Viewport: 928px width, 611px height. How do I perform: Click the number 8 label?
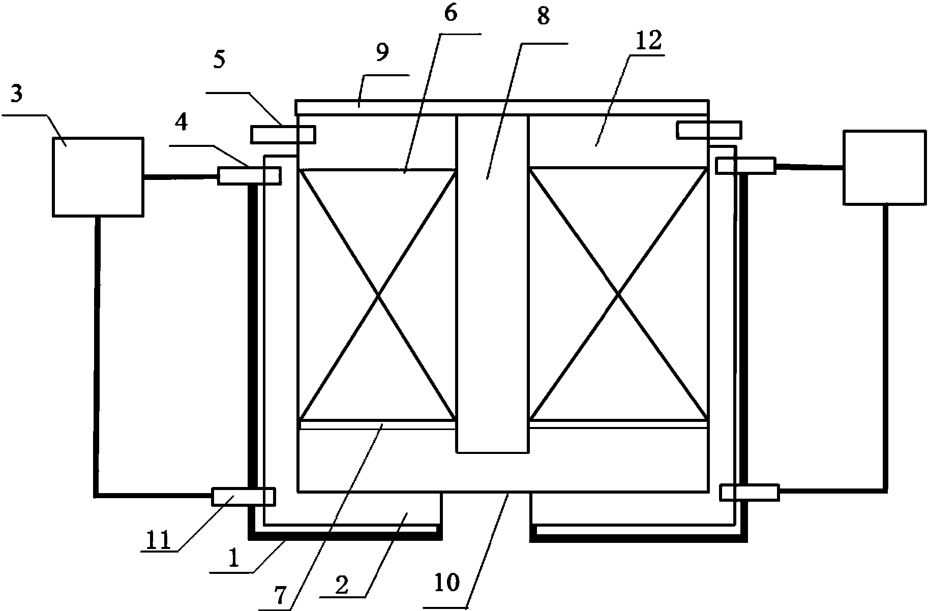tap(543, 16)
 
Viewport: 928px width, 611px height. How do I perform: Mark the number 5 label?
tap(219, 59)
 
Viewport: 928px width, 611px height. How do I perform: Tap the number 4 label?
tap(182, 122)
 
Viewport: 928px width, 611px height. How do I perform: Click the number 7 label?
tap(281, 595)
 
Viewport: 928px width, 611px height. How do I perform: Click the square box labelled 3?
tap(98, 177)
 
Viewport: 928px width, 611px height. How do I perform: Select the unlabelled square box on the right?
tap(884, 168)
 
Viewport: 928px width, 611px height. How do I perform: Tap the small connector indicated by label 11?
tap(243, 497)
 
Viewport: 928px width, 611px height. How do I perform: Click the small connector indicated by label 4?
tap(249, 176)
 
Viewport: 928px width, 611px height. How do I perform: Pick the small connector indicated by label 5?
tap(283, 134)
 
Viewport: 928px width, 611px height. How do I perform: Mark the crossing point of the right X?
tap(618, 294)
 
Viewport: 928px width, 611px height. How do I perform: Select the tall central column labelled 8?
tap(492, 283)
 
